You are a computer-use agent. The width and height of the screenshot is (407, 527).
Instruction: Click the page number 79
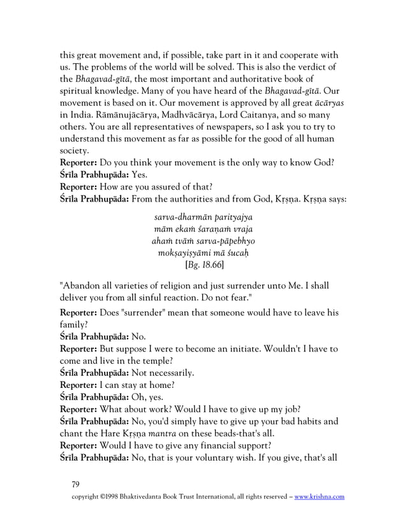(76, 484)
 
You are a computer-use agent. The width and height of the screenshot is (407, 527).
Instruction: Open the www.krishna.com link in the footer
(319, 496)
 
